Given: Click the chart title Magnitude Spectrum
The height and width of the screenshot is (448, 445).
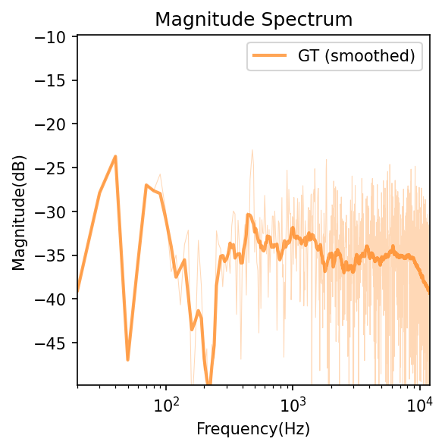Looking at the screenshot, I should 253,19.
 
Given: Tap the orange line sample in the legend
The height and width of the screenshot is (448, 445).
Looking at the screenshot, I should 270,55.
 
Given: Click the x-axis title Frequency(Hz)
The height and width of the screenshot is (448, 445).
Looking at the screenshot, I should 253,429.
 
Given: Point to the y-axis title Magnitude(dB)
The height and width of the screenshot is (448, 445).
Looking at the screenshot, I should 18,211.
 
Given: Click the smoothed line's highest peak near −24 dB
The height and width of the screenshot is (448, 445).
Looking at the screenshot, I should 115,156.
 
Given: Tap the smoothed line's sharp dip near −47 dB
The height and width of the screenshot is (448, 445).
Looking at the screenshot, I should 127,359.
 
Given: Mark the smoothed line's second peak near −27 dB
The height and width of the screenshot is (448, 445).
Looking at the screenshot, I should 146,185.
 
